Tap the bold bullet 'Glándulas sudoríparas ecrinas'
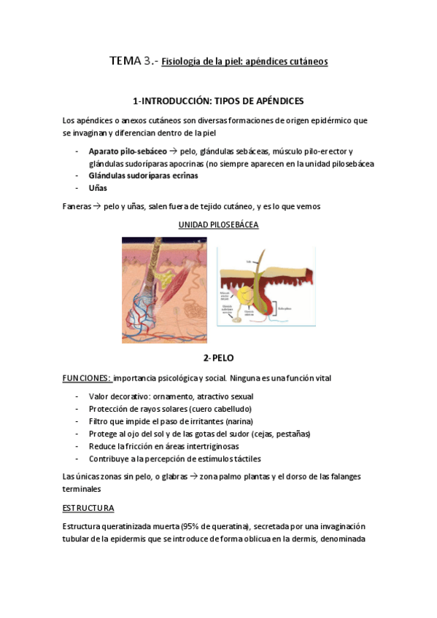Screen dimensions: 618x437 [x=143, y=176]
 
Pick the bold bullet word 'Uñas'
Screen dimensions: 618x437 [x=98, y=187]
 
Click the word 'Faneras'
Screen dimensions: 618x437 [x=77, y=206]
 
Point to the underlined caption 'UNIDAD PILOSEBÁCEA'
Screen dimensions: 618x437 [x=218, y=225]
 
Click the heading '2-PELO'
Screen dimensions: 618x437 [x=218, y=358]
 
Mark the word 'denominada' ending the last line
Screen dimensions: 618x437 [x=339, y=539]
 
